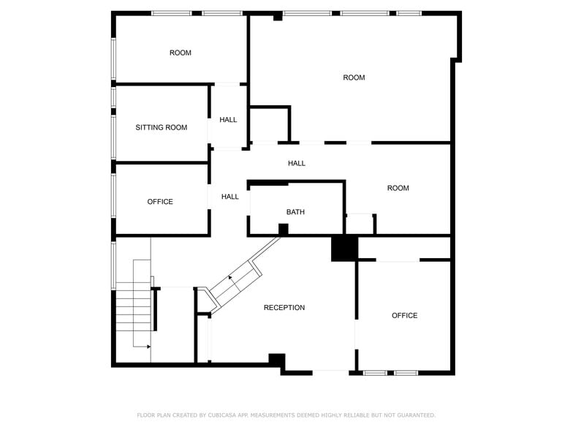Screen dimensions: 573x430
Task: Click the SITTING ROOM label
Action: click(161, 127)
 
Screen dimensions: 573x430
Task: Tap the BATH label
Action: click(295, 212)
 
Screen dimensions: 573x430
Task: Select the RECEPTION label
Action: click(284, 308)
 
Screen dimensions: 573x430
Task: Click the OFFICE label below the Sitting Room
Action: click(160, 202)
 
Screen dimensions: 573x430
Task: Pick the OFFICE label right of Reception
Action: click(405, 316)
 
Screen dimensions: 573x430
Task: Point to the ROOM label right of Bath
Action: click(398, 189)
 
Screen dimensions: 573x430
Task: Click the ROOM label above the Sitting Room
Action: click(180, 53)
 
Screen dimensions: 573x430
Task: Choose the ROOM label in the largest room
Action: click(354, 78)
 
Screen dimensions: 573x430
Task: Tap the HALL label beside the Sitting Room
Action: click(228, 120)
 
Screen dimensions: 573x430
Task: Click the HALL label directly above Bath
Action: click(297, 164)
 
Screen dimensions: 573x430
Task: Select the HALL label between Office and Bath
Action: click(229, 197)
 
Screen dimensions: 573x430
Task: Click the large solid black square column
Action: click(344, 249)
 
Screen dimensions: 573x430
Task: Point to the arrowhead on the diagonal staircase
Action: click(230, 278)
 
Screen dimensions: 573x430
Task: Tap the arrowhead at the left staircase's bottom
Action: click(149, 347)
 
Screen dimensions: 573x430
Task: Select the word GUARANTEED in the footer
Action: click(417, 415)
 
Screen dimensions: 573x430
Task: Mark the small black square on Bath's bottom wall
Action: click(284, 230)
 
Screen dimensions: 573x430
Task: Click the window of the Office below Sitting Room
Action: click(114, 196)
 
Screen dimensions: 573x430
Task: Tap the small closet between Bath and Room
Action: click(360, 224)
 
